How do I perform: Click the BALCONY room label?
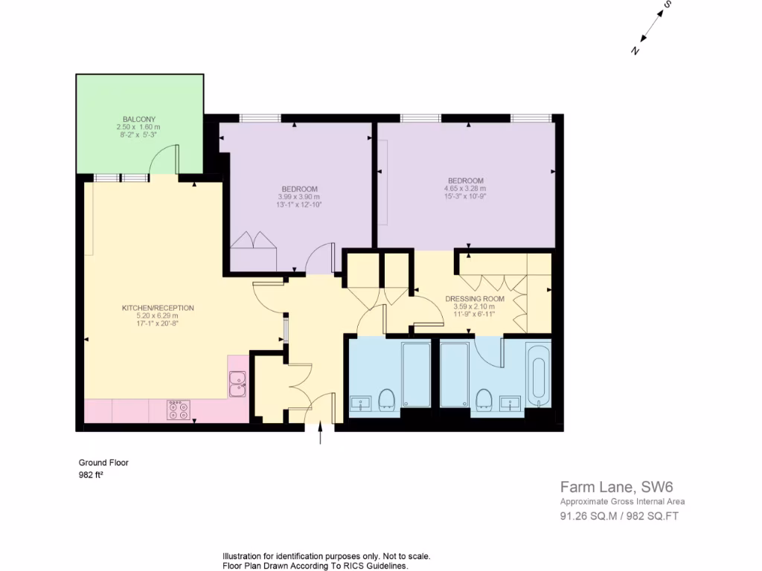139,119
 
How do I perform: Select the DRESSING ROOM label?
475,299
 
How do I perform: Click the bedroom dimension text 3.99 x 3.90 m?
299,196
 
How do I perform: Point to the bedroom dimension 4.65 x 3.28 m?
465,189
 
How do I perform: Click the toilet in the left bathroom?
386,399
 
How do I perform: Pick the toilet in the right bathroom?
484,399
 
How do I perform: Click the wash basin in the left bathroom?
361,404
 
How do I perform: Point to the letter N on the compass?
635,51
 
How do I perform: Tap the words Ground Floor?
103,462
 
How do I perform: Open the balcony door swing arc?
164,157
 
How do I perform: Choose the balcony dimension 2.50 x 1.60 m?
139,127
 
